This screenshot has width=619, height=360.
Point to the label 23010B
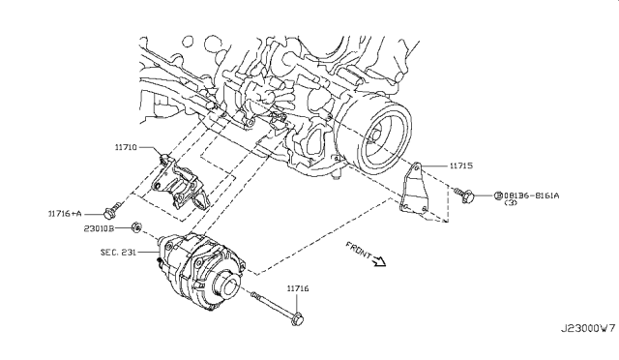(x=100, y=229)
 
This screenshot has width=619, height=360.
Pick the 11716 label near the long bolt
(x=298, y=288)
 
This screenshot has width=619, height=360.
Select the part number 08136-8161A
(x=536, y=195)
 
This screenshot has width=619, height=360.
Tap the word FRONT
(x=358, y=251)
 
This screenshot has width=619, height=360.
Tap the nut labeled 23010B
(x=138, y=228)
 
